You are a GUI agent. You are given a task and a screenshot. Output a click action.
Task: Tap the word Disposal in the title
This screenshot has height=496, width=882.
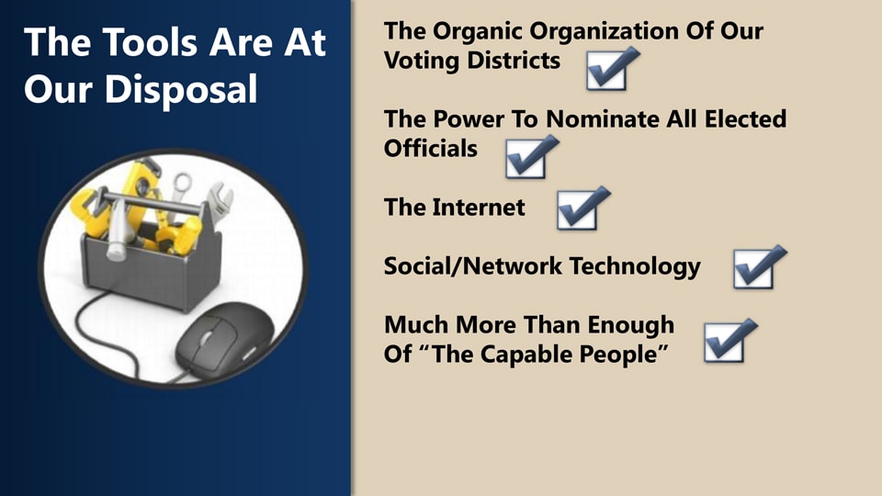[x=181, y=89]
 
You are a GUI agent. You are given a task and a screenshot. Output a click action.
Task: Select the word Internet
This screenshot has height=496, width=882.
[x=479, y=208]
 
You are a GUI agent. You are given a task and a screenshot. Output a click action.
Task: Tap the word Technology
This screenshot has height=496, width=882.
[x=635, y=267]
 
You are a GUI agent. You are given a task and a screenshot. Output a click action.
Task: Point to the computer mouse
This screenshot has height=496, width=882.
[x=224, y=337]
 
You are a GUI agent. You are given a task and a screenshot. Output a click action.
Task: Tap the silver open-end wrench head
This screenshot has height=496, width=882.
[x=220, y=199]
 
